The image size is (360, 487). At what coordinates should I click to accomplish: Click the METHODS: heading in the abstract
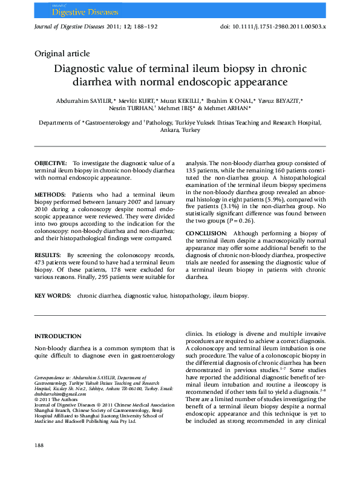pyautogui.click(x=50, y=195)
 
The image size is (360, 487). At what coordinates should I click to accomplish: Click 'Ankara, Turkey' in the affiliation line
pyautogui.click(x=180, y=130)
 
